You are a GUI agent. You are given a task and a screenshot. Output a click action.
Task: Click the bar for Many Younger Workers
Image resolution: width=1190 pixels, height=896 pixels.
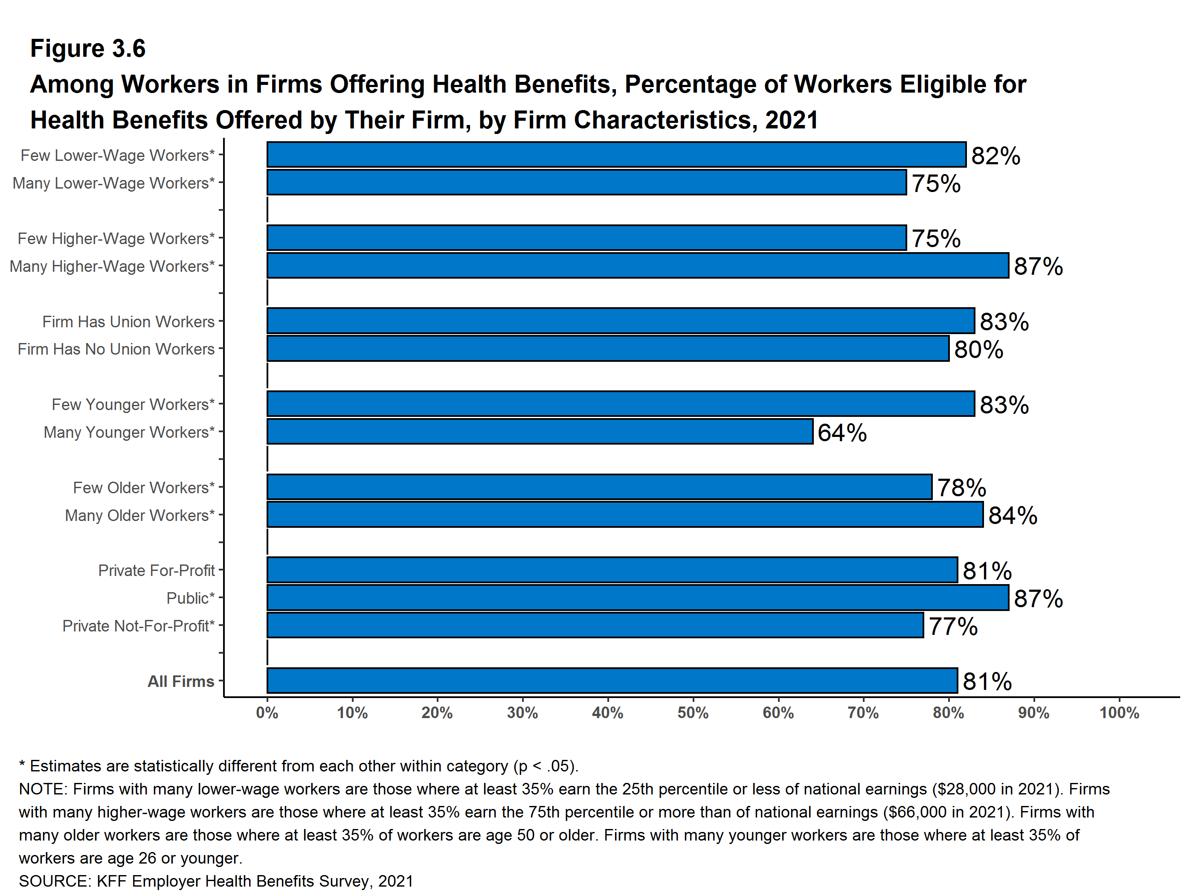pyautogui.click(x=540, y=432)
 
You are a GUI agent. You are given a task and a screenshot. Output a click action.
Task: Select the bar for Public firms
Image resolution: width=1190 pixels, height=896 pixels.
pyautogui.click(x=638, y=597)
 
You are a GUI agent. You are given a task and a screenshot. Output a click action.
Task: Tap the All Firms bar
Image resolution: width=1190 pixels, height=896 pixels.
pyautogui.click(x=612, y=681)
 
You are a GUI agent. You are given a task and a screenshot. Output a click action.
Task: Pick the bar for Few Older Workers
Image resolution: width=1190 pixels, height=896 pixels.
pyautogui.click(x=599, y=487)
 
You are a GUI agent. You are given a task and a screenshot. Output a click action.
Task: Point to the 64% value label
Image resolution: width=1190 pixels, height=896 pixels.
pyautogui.click(x=842, y=433)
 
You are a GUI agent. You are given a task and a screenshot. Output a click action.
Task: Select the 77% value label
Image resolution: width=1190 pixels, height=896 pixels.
pyautogui.click(x=953, y=626)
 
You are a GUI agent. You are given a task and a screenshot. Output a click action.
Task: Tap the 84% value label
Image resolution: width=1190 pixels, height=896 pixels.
pyautogui.click(x=1013, y=515)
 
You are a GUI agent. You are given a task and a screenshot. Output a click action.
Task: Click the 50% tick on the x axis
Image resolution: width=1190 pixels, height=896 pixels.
pyautogui.click(x=693, y=713)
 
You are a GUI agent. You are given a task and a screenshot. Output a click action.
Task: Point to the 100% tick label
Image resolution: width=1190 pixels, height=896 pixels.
pyautogui.click(x=1119, y=713)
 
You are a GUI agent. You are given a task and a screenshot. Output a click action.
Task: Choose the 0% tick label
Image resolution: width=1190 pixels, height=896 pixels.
pyautogui.click(x=267, y=713)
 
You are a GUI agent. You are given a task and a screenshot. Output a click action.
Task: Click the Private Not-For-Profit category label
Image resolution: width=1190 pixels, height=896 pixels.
pyautogui.click(x=138, y=626)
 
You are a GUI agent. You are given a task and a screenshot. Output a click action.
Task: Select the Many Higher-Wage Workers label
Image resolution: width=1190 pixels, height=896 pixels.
pyautogui.click(x=112, y=266)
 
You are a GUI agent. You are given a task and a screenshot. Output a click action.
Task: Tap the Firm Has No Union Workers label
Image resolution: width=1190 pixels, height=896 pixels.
pyautogui.click(x=116, y=349)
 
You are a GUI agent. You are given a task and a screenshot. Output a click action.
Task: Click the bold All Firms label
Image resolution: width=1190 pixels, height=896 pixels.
pyautogui.click(x=181, y=681)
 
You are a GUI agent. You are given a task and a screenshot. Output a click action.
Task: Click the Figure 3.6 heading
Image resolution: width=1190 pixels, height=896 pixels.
pyautogui.click(x=88, y=49)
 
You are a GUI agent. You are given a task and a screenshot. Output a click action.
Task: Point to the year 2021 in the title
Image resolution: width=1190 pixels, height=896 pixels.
pyautogui.click(x=791, y=120)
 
